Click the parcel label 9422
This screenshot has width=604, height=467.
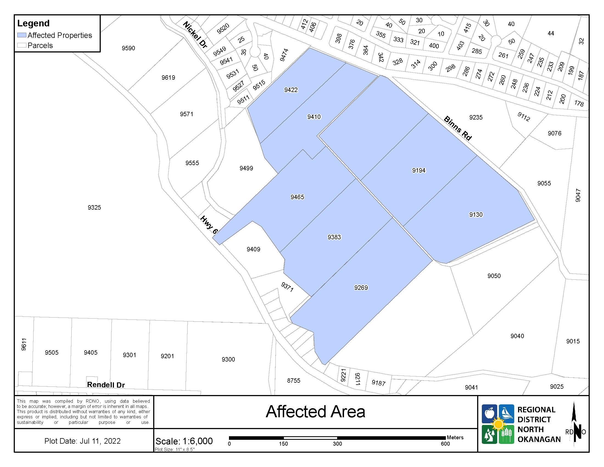click(291, 90)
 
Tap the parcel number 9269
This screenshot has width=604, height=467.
click(361, 288)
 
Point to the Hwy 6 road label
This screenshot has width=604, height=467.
click(209, 225)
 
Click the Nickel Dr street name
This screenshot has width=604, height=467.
click(195, 35)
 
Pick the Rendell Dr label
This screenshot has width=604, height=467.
click(106, 385)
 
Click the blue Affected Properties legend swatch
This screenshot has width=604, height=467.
click(22, 35)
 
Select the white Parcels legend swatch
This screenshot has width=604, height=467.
click(22, 45)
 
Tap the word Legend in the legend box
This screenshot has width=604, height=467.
click(33, 23)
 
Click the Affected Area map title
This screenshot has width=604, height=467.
click(315, 412)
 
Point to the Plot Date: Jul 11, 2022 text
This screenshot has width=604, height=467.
click(82, 441)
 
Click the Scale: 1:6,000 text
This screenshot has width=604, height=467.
click(184, 441)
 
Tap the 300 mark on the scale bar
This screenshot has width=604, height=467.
click(337, 444)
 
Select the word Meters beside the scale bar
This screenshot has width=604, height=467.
click(455, 437)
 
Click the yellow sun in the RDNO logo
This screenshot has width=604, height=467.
click(498, 424)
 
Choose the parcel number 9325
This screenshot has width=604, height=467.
click(94, 207)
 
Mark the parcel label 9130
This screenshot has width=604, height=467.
click(476, 215)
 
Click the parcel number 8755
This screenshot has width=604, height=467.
click(293, 380)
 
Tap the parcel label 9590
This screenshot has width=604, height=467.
click(128, 48)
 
